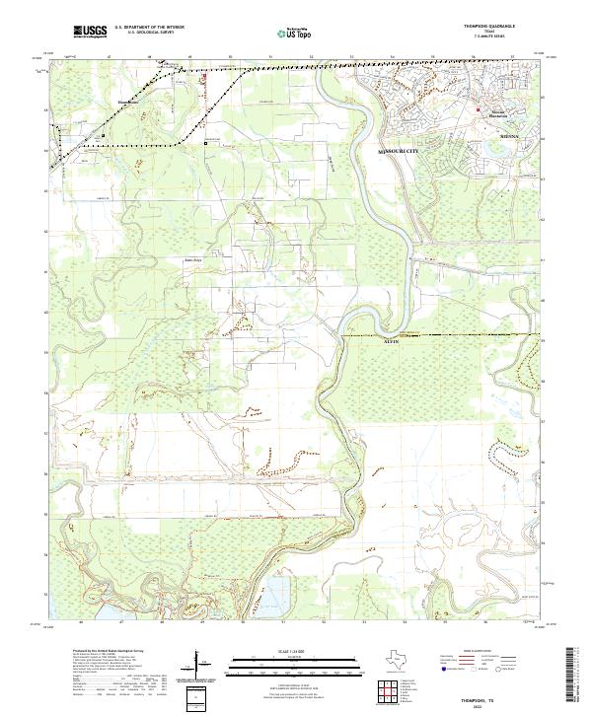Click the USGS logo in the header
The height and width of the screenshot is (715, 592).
[x=90, y=32]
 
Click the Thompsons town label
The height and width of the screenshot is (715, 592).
[x=129, y=101]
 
